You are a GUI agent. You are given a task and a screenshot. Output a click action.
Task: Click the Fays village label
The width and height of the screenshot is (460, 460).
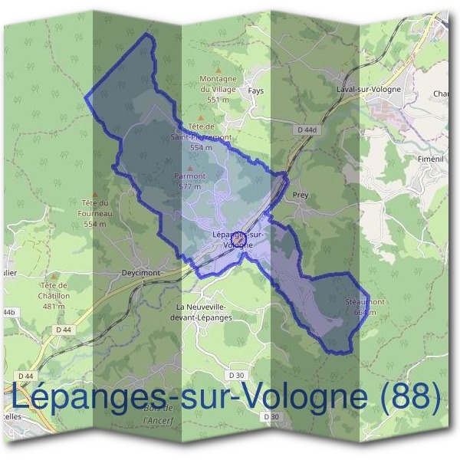tap(256, 90)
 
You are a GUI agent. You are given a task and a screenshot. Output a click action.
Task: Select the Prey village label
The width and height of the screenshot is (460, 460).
tap(301, 195)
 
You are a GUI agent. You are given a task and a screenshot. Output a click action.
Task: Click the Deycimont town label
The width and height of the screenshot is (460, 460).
tap(140, 272)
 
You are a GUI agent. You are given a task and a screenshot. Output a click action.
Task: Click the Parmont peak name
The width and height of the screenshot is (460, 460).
tap(190, 176)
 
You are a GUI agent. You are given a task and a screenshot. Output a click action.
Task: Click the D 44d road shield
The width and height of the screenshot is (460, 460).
tap(304, 131)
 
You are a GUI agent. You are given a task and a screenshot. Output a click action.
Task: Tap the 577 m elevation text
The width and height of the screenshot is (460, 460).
tap(190, 186)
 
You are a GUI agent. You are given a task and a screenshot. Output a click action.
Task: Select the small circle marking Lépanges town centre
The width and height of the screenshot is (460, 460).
tap(238, 240)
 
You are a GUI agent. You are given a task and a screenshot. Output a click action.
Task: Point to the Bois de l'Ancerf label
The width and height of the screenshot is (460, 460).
tap(160, 419)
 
